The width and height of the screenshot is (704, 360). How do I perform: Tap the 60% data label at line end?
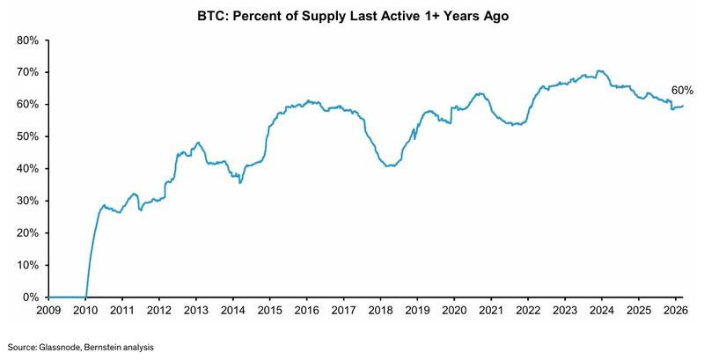pyautogui.click(x=683, y=91)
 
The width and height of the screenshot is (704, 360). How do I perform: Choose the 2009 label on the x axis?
pyautogui.click(x=49, y=311)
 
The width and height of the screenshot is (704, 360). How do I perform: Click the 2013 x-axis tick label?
pyautogui.click(x=196, y=311)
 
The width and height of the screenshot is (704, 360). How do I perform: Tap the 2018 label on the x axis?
pyautogui.click(x=380, y=311)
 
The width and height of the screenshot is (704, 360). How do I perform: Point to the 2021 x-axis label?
pyautogui.click(x=491, y=311)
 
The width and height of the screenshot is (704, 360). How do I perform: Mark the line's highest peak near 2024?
pyautogui.click(x=598, y=70)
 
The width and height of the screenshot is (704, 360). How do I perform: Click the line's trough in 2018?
pyautogui.click(x=389, y=165)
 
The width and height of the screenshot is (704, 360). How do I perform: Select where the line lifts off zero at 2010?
pyautogui.click(x=86, y=296)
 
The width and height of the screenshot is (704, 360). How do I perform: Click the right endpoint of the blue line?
pyautogui.click(x=683, y=106)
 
